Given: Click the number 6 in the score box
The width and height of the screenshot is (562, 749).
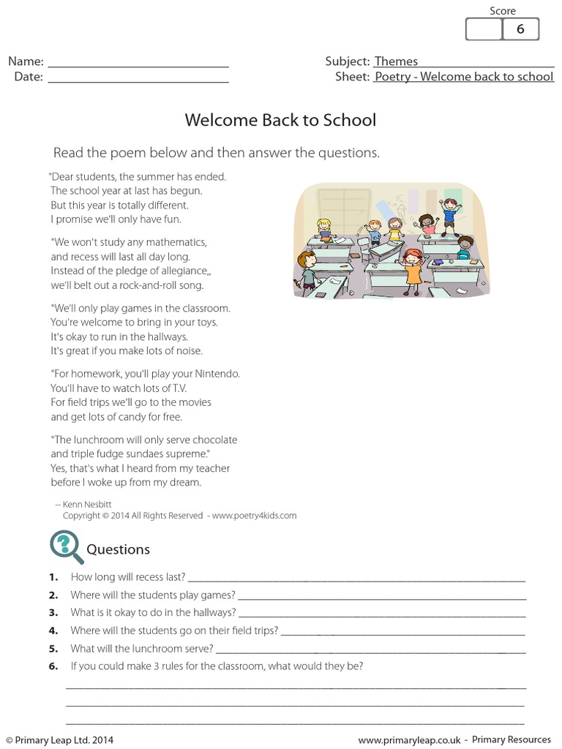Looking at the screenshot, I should point(520,29).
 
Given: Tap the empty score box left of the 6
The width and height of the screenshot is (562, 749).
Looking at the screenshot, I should point(484,29).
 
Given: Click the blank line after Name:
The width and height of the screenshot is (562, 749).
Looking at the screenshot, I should point(138,63).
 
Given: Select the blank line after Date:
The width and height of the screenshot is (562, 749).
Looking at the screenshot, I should point(138,78).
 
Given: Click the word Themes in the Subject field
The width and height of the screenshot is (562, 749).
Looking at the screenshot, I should point(396,61).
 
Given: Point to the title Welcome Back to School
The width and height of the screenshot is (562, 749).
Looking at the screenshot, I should point(280,120).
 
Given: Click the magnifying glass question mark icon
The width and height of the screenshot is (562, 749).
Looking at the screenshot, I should point(65,546).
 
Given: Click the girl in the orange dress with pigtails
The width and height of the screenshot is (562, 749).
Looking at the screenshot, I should point(413,268).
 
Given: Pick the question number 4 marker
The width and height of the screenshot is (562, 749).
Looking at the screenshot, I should point(53,631).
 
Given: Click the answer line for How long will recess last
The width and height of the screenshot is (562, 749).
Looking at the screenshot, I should point(356,578).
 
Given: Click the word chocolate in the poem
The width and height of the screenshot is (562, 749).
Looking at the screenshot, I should point(212,440).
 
